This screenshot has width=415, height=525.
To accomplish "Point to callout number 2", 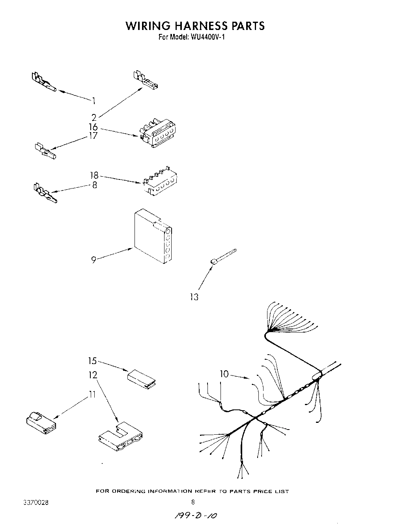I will click(x=94, y=117).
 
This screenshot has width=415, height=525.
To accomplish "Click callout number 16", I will click(x=93, y=127).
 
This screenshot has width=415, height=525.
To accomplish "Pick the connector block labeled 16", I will click(x=158, y=134).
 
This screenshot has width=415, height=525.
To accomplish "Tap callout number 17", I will click(x=93, y=136).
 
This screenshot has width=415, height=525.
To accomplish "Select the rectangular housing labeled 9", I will click(x=152, y=237).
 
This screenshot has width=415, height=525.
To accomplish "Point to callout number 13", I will click(x=194, y=297).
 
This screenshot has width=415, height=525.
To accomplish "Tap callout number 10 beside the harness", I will click(x=224, y=374).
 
